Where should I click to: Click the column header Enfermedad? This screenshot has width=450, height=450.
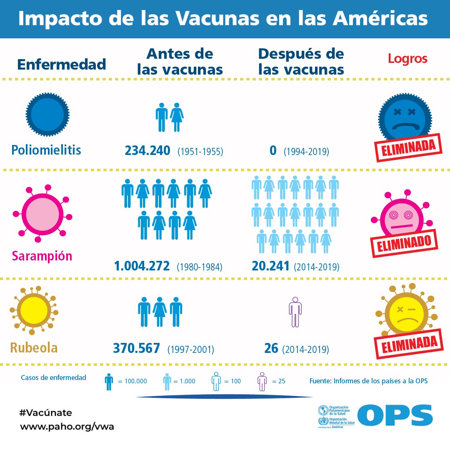point(61,65)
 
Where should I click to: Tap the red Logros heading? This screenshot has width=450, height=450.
point(407,59)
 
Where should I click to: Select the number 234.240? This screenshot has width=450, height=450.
point(147,150)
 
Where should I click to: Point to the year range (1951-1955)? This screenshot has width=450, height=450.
point(200,152)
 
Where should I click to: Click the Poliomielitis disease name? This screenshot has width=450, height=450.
point(46,150)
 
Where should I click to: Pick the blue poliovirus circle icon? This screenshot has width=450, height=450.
point(47,114)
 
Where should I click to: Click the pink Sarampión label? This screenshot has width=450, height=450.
point(42,255)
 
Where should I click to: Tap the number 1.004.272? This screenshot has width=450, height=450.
point(142,266)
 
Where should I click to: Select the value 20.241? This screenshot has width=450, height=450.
point(270,266)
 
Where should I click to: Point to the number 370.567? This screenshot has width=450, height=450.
point(136,348)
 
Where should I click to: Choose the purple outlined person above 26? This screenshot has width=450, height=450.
point(295,312)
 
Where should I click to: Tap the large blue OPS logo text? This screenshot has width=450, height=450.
point(395,415)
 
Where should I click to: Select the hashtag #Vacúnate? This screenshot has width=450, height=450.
point(46,413)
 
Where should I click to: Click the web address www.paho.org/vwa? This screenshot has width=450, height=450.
point(67,427)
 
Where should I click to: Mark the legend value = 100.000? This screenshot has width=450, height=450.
point(132,381)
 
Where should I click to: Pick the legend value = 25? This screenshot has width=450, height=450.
point(279,381)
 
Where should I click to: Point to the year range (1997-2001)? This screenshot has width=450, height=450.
point(191,349)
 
